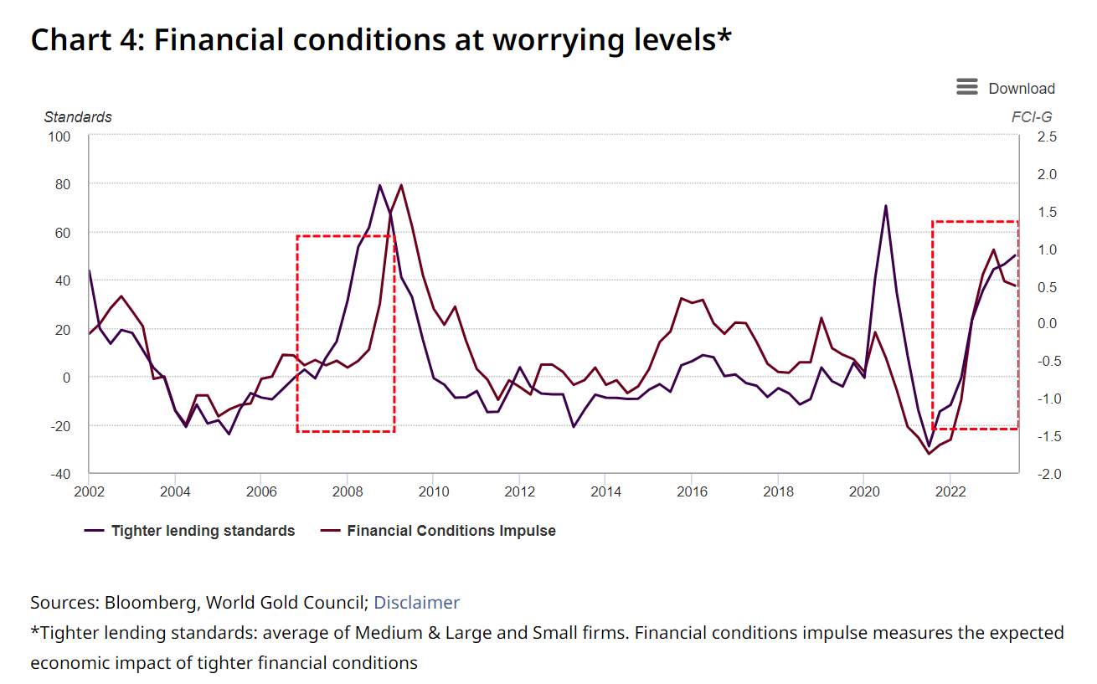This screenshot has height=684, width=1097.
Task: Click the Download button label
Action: coord(1021,89)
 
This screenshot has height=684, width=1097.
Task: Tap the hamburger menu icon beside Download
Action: coord(967,87)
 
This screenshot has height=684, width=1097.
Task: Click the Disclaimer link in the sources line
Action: coord(416,603)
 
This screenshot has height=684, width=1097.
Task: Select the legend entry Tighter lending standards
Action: coord(203,531)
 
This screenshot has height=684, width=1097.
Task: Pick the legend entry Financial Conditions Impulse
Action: coord(451,531)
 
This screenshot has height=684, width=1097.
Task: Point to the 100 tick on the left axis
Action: coord(60,136)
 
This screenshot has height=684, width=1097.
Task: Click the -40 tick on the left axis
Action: coord(60,474)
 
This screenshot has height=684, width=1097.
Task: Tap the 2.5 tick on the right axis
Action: coord(1047,136)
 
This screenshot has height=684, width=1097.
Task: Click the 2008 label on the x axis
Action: coord(347,491)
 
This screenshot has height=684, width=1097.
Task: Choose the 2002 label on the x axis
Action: coord(89,491)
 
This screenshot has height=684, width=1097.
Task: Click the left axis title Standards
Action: coord(78,117)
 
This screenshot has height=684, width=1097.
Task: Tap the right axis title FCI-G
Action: coord(1032,117)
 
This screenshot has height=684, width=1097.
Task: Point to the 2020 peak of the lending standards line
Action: coord(885,205)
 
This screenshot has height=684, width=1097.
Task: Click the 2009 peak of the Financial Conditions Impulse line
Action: coord(401,185)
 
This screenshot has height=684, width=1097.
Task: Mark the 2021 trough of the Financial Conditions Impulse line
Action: coord(929,454)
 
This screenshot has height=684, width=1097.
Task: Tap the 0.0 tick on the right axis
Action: coord(1047,323)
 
